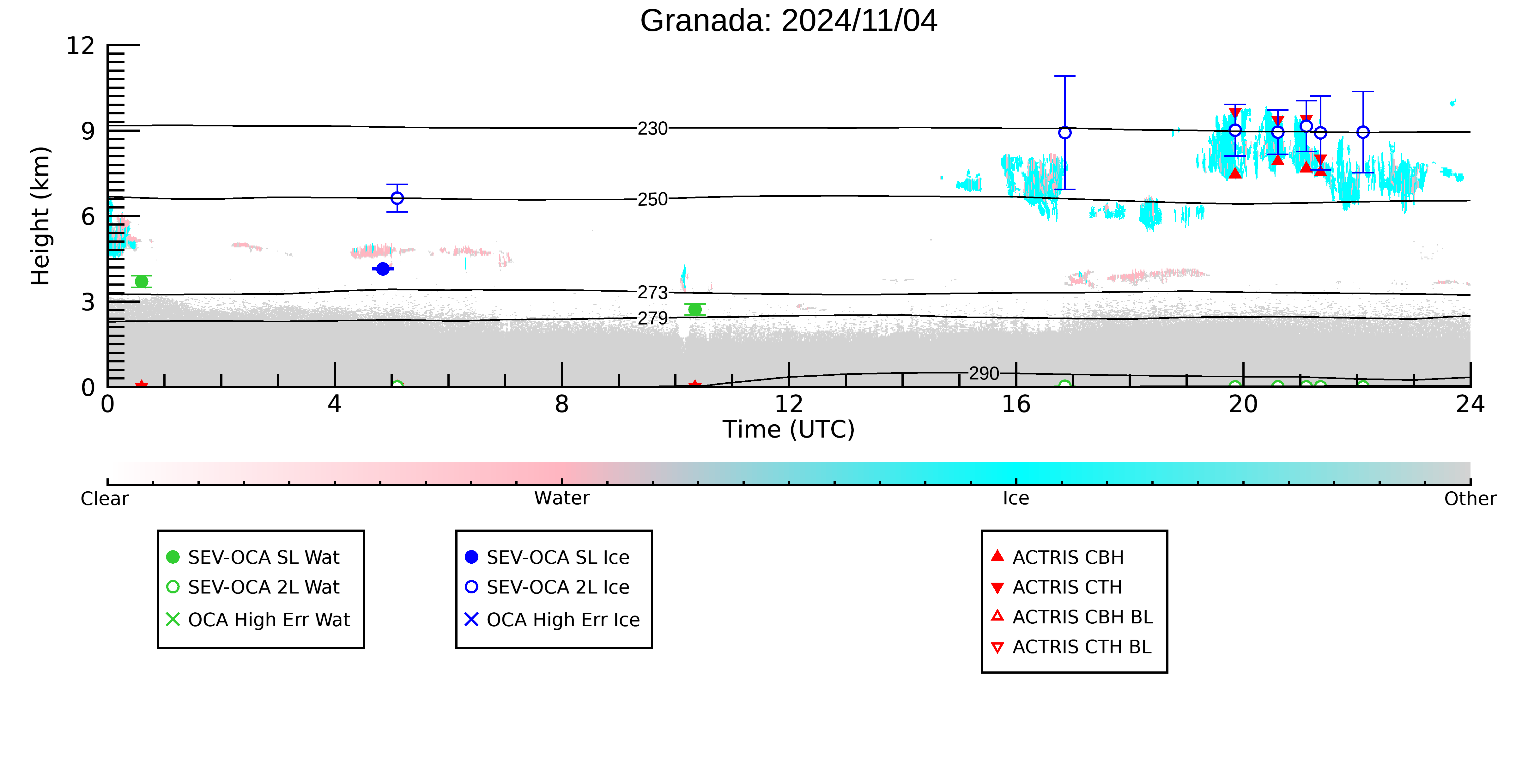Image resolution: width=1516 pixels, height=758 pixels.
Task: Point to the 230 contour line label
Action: [653, 128]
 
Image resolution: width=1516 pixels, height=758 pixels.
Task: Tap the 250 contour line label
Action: [653, 199]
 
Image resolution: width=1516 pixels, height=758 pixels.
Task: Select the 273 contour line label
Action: [653, 293]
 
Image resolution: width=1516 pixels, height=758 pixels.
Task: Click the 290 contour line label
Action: [984, 374]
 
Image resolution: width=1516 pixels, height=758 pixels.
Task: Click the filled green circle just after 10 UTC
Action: [695, 310]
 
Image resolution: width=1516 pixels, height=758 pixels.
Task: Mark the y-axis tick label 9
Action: [88, 130]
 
